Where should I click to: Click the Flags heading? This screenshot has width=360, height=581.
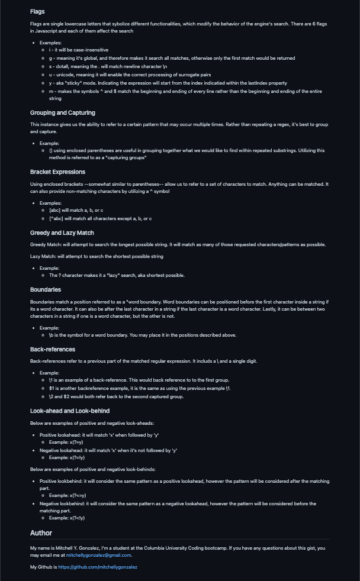[37, 11]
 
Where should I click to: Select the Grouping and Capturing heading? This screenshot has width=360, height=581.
[62, 112]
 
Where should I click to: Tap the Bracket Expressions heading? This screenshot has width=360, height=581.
[57, 172]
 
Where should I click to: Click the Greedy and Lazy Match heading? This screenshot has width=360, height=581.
[62, 233]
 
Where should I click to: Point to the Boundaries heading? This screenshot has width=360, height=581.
[45, 290]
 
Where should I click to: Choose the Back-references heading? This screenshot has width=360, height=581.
[53, 349]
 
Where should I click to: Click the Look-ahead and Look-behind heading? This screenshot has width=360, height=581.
[69, 411]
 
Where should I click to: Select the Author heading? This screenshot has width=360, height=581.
[41, 532]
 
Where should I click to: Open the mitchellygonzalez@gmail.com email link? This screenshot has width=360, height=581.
[98, 555]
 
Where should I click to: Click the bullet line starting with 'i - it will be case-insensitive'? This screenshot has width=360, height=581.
[78, 50]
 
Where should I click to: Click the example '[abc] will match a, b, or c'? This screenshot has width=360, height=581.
[76, 211]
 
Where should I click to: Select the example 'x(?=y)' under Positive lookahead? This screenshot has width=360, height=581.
[66, 441]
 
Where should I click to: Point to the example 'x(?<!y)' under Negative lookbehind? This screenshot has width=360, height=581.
[67, 518]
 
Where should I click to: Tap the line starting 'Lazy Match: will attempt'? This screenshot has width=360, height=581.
[97, 256]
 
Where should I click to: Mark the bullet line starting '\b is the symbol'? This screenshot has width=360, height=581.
[142, 335]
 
